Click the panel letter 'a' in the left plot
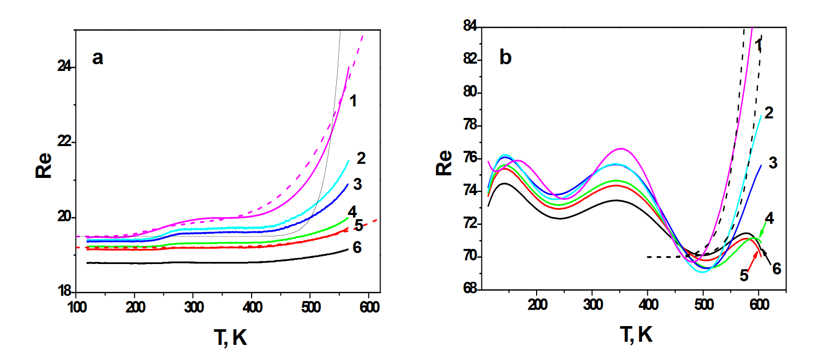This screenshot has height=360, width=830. click(97, 57)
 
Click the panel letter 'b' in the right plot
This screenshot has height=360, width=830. click(505, 57)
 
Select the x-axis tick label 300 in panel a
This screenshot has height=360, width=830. click(194, 307)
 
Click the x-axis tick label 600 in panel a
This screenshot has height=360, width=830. click(369, 307)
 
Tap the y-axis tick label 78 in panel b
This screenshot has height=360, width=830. click(470, 125)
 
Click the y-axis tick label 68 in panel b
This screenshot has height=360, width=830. click(470, 288)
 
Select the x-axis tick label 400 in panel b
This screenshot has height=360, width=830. click(648, 304)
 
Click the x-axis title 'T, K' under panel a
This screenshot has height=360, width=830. click(230, 338)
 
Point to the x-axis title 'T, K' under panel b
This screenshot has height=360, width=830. click(636, 334)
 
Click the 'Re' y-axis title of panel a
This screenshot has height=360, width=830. click(44, 165)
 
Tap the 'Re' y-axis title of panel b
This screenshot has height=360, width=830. click(444, 163)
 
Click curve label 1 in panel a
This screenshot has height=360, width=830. click(353, 101)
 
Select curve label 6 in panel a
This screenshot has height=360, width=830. click(357, 247)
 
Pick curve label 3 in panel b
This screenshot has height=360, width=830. click(773, 163)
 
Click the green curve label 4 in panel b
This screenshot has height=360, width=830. click(769, 219)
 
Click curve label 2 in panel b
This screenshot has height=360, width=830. click(769, 112)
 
